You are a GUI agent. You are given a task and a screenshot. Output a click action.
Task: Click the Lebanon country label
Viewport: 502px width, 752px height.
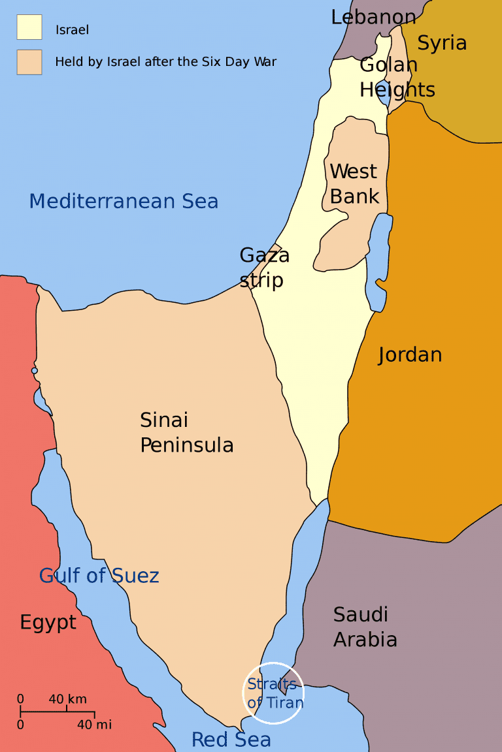coord(373,17)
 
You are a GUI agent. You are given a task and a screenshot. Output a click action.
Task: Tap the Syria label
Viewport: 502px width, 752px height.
coord(442,43)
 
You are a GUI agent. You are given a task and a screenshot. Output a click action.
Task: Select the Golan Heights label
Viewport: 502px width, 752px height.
coord(397,77)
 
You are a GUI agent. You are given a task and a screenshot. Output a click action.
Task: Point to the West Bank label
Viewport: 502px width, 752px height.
coord(354,183)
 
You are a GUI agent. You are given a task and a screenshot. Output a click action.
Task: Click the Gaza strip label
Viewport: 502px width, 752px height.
coord(264,267)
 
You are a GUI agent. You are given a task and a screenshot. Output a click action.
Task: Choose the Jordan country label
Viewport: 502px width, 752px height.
coord(410,355)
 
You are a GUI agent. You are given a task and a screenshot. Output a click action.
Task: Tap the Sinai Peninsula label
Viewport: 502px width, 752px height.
coord(186,432)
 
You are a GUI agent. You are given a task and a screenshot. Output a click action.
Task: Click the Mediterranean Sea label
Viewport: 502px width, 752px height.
coord(124,201)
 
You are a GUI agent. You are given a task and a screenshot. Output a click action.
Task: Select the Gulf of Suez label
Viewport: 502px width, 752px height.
coord(99,576)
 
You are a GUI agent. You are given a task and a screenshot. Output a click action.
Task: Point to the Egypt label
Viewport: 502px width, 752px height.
coord(48,623)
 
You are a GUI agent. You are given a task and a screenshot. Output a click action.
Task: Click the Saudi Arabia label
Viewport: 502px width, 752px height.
coord(365,627)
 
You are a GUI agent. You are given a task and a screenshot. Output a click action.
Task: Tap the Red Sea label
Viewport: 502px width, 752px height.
coord(231,740)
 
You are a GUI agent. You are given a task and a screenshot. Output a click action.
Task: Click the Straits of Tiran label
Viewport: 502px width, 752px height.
coord(275,693)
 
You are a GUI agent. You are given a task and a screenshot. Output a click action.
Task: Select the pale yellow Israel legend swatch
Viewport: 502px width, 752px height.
coord(29,27)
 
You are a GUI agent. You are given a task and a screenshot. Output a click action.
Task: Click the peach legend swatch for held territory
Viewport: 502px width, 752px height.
coord(29,62)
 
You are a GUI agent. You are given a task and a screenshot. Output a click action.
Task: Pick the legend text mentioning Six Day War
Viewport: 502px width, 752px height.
coord(165,62)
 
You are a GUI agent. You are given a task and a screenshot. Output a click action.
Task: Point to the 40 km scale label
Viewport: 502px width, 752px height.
coord(67,699)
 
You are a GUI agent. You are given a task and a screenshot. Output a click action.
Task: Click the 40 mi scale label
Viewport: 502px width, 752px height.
coord(94,725)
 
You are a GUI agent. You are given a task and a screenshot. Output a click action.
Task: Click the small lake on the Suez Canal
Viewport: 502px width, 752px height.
coord(35,371)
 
